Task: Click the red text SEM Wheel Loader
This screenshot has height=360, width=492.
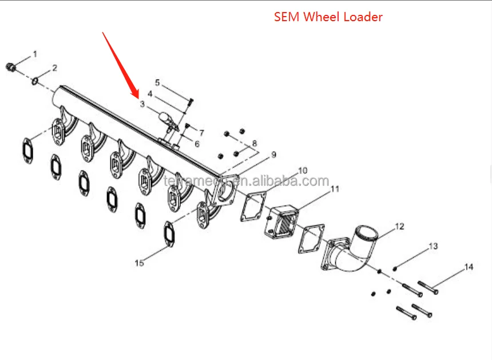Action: (x=328, y=17)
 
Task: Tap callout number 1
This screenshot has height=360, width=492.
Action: (x=35, y=54)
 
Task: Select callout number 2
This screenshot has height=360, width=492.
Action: (x=54, y=68)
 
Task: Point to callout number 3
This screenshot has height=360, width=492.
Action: (x=142, y=104)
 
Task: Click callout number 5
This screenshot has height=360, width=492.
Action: (x=157, y=82)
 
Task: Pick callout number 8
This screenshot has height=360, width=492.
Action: (x=255, y=143)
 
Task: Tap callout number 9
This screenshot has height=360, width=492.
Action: (x=273, y=155)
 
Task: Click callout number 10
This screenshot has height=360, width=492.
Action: (x=303, y=170)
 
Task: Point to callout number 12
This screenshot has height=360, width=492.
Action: (x=399, y=227)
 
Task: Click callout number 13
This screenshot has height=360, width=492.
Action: (x=433, y=246)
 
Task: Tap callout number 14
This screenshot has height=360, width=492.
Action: (x=469, y=267)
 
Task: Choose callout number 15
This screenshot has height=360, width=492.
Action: (x=139, y=263)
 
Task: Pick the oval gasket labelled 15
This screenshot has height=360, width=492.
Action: (x=169, y=232)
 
